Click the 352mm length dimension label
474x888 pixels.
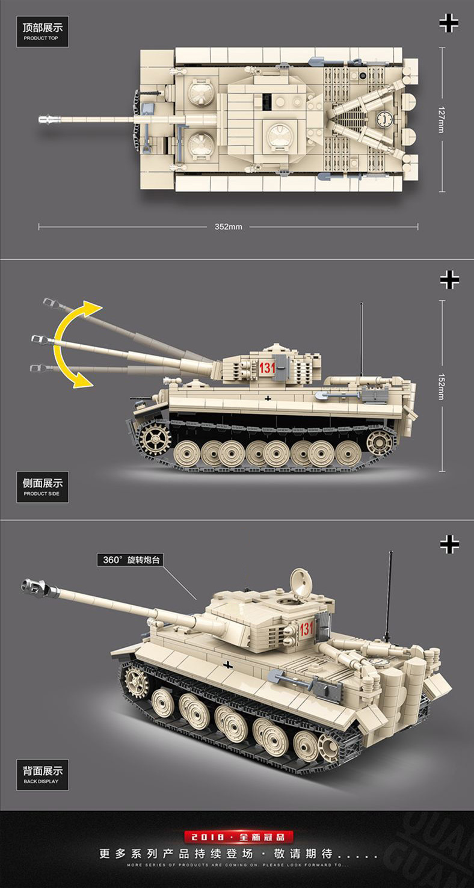[228, 227]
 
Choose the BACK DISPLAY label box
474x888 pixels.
[42, 775]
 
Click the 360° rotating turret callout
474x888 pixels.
[130, 560]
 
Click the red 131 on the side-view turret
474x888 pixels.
[267, 368]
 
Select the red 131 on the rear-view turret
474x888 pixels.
[306, 629]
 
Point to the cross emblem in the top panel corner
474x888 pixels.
[449, 23]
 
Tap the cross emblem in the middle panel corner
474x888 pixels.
[449, 279]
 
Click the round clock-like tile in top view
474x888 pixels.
[384, 119]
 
